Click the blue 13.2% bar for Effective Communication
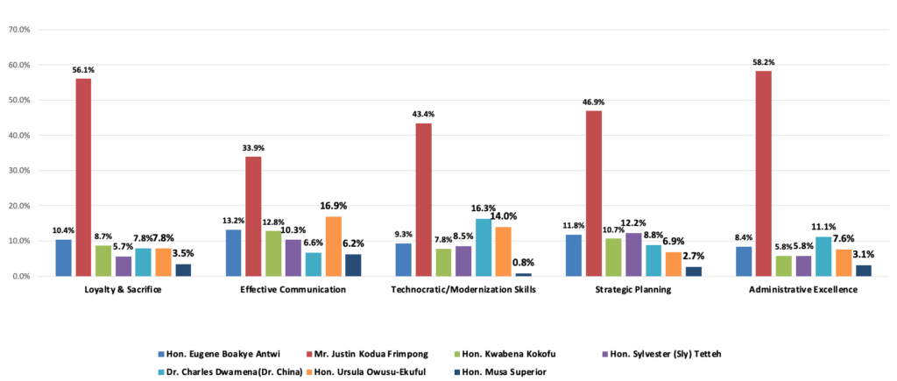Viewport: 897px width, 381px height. [233, 252]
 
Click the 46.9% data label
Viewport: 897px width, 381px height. [593, 102]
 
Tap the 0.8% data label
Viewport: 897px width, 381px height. [523, 262]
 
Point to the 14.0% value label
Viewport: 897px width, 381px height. [504, 216]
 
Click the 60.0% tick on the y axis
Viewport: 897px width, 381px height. [18, 65]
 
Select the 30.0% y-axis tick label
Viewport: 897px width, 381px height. [18, 171]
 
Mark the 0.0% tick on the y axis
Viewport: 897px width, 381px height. [20, 276]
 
